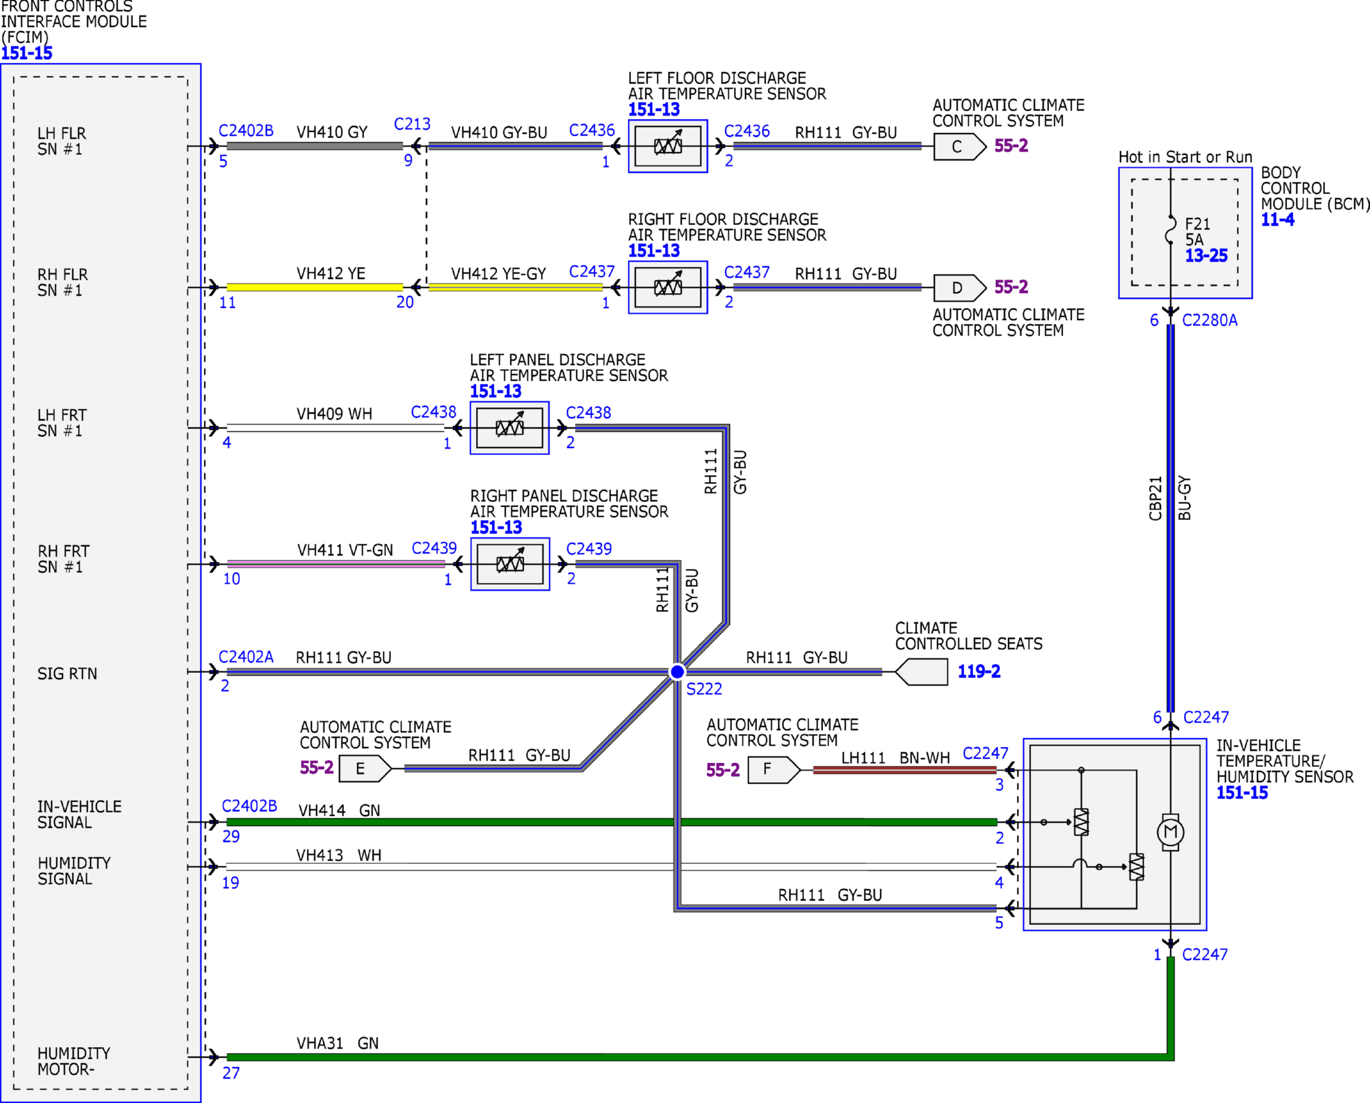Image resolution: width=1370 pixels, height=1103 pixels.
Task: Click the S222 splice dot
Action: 677,672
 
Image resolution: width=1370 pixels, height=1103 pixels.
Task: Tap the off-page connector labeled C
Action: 959,147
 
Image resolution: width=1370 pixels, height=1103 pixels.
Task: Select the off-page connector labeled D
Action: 959,287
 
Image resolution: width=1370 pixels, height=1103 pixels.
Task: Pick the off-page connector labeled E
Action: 365,768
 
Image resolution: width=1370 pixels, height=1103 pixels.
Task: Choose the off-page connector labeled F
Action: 774,769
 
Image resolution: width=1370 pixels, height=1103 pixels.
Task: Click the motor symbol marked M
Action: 1170,832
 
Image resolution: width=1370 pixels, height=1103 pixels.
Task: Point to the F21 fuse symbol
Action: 1171,230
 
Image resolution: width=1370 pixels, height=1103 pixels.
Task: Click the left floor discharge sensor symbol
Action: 668,146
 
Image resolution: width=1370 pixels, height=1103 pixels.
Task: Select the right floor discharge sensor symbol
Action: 668,287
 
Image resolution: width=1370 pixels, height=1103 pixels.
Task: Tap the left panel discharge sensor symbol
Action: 509,427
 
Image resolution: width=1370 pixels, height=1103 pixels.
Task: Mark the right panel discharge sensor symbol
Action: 510,564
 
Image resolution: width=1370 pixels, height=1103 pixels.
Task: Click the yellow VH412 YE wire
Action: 315,287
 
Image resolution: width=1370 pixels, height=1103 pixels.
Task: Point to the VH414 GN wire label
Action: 339,811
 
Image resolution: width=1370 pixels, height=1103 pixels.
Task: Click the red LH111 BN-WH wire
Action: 905,769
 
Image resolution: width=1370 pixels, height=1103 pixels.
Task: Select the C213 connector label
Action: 412,124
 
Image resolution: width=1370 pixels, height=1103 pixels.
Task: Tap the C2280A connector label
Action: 1209,320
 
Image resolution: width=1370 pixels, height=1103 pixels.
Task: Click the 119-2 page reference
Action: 979,672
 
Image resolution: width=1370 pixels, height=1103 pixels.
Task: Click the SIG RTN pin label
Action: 67,674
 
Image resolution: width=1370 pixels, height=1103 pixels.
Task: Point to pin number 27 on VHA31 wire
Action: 231,1073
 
